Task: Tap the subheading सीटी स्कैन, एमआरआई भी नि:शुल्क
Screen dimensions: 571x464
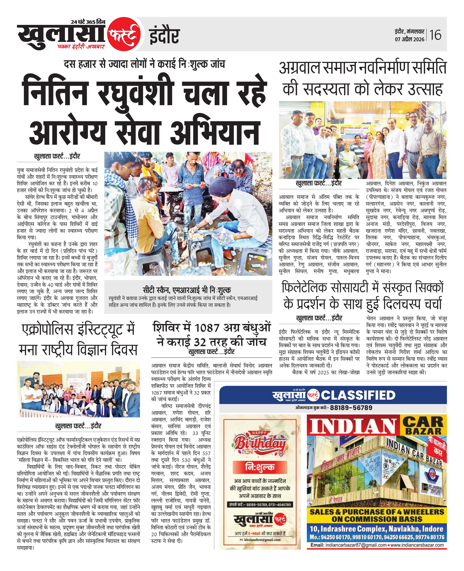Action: (x=187, y=290)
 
